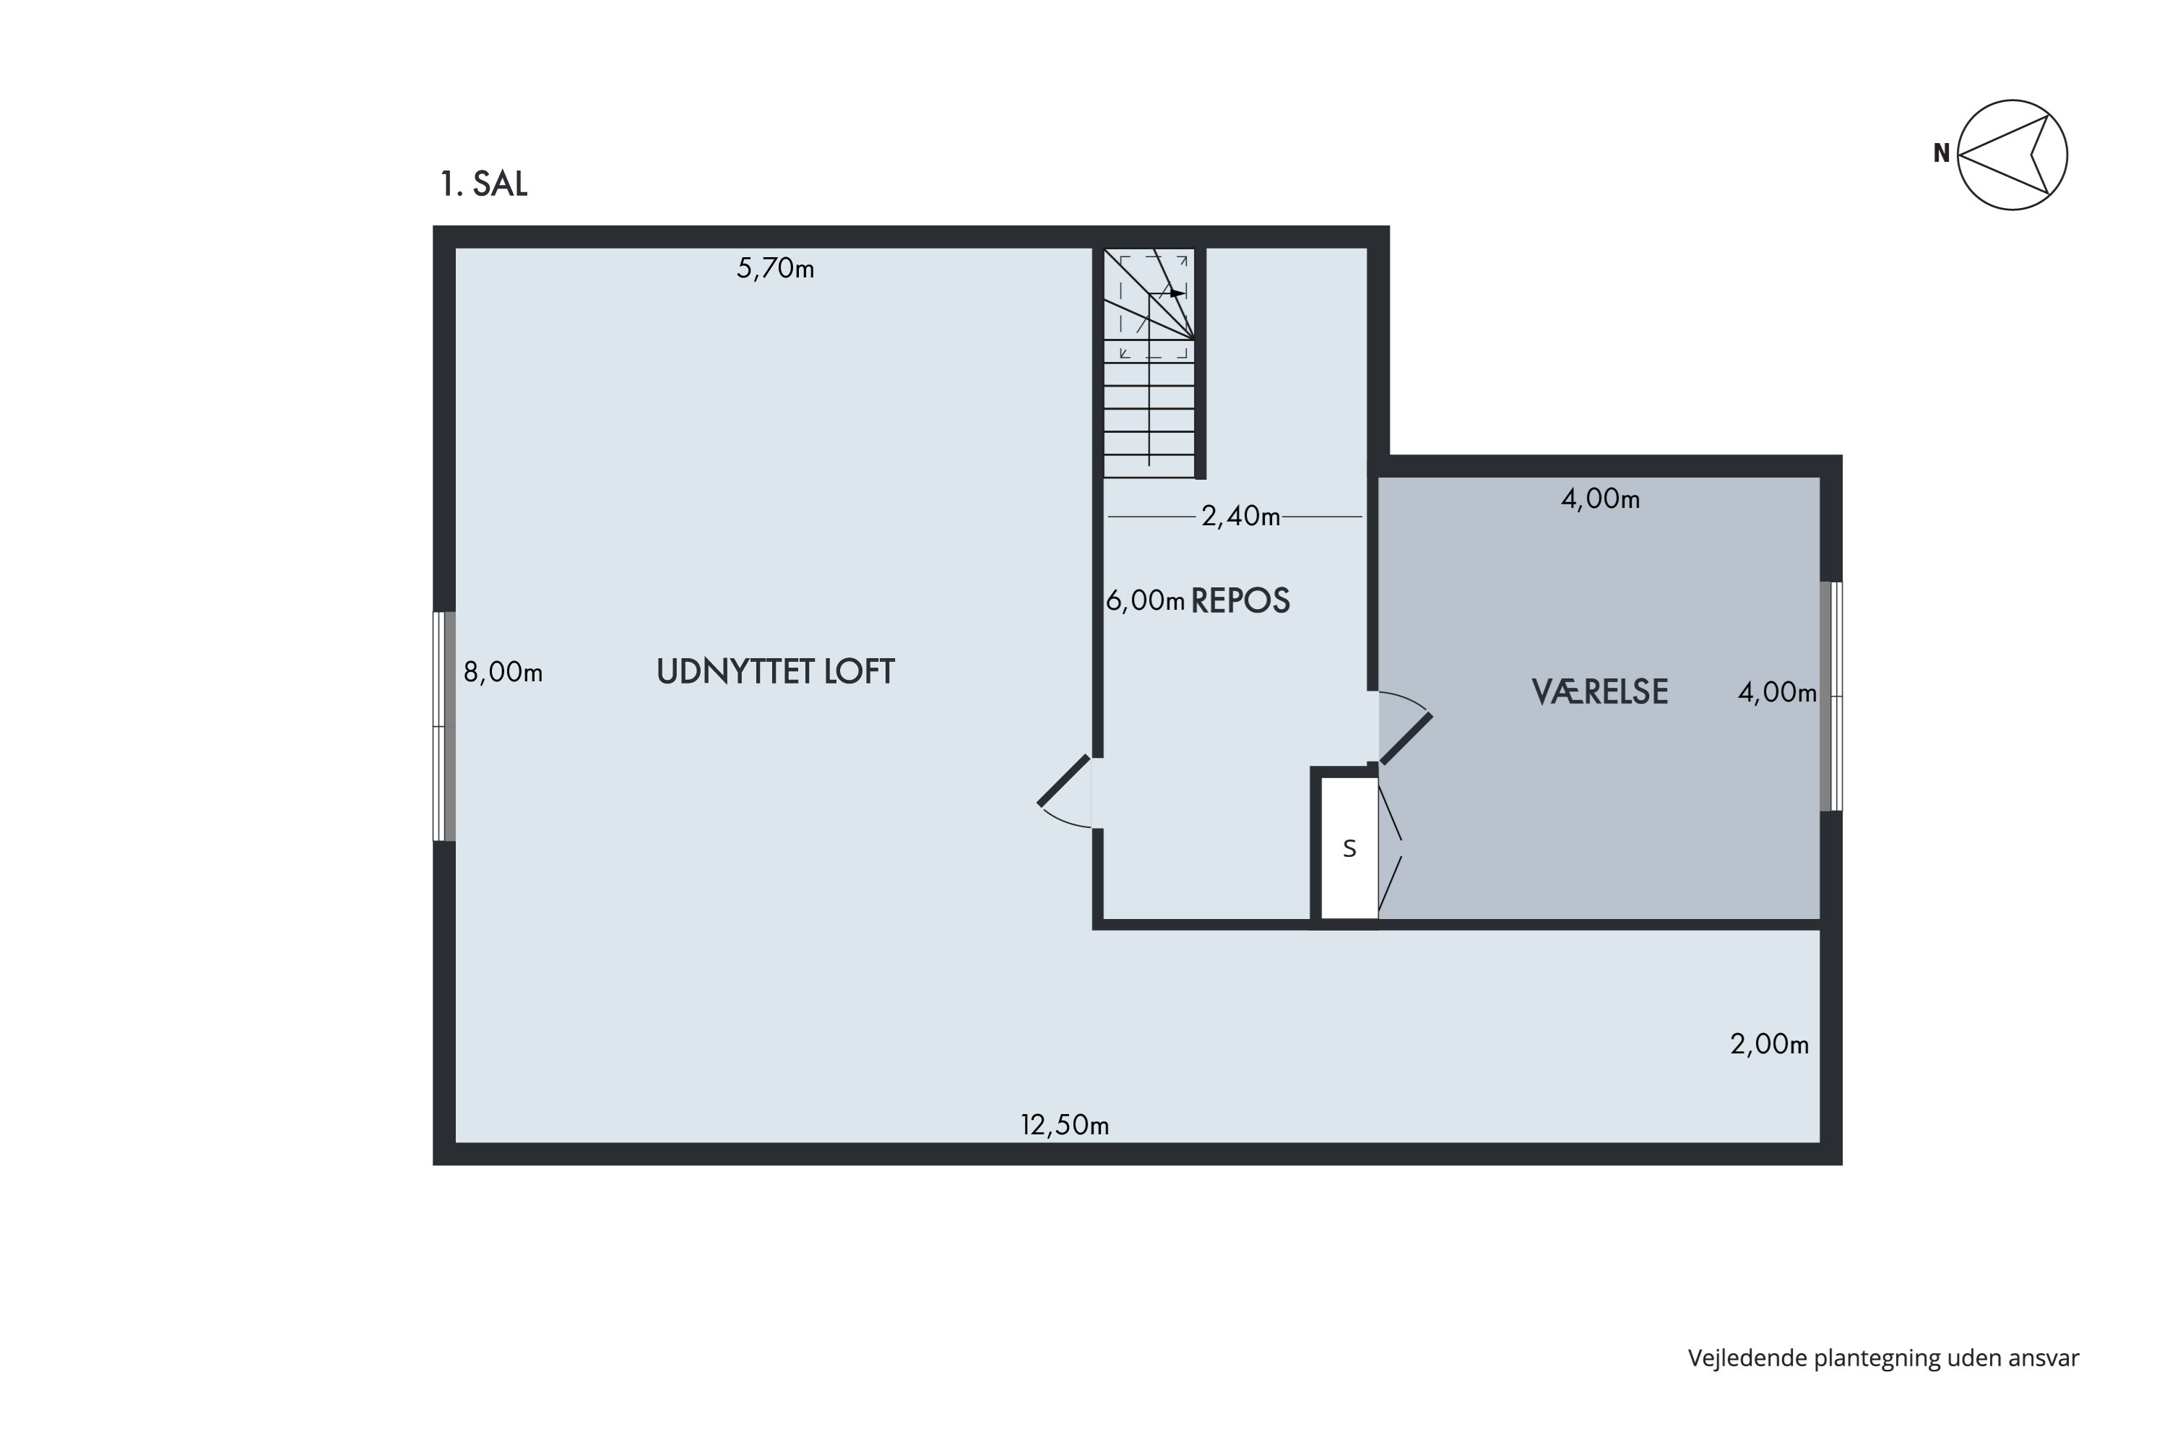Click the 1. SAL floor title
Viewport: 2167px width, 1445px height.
(x=484, y=184)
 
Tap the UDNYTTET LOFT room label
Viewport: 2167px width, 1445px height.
(x=775, y=672)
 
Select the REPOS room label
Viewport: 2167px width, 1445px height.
(x=1240, y=601)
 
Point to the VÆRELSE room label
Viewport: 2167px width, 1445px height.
(x=1599, y=691)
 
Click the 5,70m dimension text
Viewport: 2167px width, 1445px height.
(x=775, y=268)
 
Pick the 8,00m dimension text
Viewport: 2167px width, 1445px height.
(x=502, y=672)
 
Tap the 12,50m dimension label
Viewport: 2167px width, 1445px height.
(x=1064, y=1124)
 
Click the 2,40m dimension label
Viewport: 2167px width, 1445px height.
(x=1240, y=516)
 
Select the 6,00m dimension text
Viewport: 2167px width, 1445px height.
(x=1144, y=601)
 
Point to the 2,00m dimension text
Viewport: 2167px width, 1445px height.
(x=1769, y=1044)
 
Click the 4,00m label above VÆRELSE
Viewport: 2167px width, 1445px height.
(x=1601, y=499)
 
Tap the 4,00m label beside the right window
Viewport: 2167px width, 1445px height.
(x=1777, y=692)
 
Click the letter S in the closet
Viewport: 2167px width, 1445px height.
(x=1349, y=849)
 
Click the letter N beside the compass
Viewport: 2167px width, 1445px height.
(x=1942, y=154)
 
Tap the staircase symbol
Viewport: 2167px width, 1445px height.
(x=1149, y=362)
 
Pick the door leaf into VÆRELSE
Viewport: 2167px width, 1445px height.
(x=1406, y=738)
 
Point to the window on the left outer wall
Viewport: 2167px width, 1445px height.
(x=444, y=726)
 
